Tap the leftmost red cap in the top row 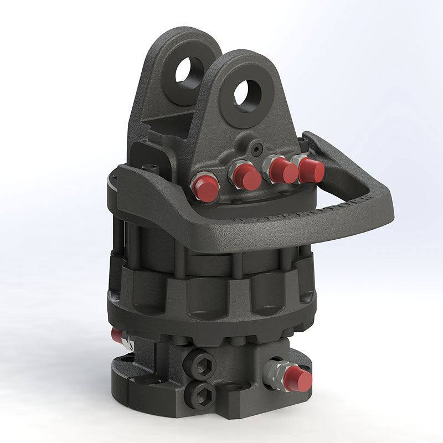(206, 188)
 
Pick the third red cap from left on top (283, 171)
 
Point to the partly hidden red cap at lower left (117, 336)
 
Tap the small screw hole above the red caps (255, 148)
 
